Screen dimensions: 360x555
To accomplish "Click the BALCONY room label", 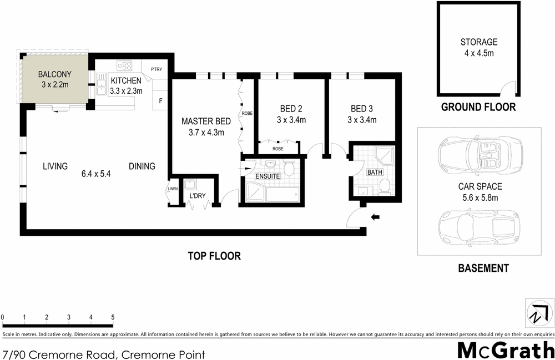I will coord(53,74).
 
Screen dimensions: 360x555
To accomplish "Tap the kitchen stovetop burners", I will coord(123,64).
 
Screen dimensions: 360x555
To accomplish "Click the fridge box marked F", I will coord(161,101).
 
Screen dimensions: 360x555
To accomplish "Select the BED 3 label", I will coord(362,109).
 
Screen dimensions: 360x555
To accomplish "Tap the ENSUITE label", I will coord(268,176).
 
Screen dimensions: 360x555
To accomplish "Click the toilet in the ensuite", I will coord(289,169).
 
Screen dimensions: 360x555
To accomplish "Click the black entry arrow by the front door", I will coord(375,218).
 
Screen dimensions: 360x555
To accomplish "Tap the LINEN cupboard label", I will coord(173,190).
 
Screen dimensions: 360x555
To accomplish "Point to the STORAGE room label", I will coord(478,42).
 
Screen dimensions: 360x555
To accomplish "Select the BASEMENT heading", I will coord(483,268).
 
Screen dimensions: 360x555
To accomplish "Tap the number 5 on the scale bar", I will coord(113,317).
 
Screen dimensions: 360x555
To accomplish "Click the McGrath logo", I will coord(506,351).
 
